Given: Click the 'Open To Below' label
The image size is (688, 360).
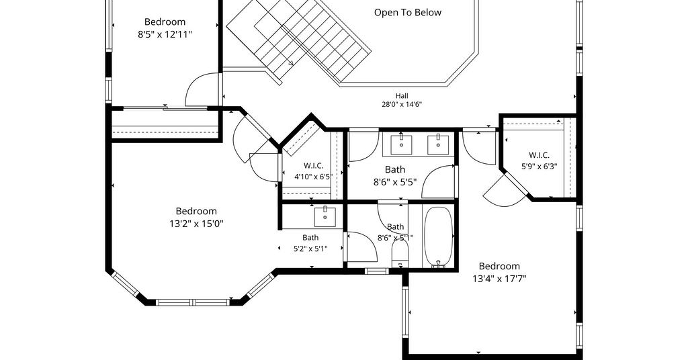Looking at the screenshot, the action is tap(408, 13).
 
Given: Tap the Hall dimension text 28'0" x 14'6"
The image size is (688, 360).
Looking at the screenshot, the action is tap(402, 104).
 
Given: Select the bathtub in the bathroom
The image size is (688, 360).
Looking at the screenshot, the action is tap(438, 236).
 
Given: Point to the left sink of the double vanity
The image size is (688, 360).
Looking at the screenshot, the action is tap(401, 144).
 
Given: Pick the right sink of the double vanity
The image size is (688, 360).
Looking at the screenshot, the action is tap(438, 144).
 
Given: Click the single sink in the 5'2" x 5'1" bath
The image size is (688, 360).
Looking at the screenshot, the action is tap(325, 217).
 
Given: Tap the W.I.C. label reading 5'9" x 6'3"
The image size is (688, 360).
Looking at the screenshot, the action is tap(540, 167).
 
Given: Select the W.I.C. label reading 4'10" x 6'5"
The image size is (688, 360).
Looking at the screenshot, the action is tap(313, 177).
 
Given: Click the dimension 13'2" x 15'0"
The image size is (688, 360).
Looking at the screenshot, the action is tap(197, 224).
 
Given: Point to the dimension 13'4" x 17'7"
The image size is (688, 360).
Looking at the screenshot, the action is tap(499, 279).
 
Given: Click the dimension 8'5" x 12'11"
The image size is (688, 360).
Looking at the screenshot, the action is tap(165, 35).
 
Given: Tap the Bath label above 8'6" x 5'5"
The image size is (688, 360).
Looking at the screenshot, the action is tap(395, 169).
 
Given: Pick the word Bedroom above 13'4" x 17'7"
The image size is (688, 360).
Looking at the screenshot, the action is tap(499, 266).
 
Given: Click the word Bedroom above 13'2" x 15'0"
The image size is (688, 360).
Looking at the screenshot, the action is tap(197, 212).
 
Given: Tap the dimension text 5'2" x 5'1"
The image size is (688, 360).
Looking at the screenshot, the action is tap(310, 249).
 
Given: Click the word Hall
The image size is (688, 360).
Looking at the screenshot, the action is tap(402, 95).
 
